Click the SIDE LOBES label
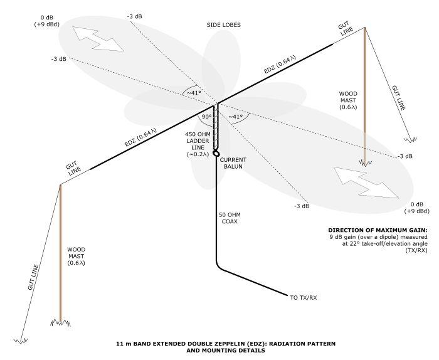point(224,25)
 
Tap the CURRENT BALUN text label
point(233,164)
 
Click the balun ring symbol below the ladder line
point(216,153)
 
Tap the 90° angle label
point(205,117)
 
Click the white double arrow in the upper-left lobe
point(97,38)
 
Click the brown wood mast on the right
point(364,94)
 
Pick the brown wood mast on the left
point(60,251)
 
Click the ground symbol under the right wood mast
point(364,163)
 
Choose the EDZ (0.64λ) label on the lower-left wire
point(140,137)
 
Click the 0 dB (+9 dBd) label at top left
point(46,21)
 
